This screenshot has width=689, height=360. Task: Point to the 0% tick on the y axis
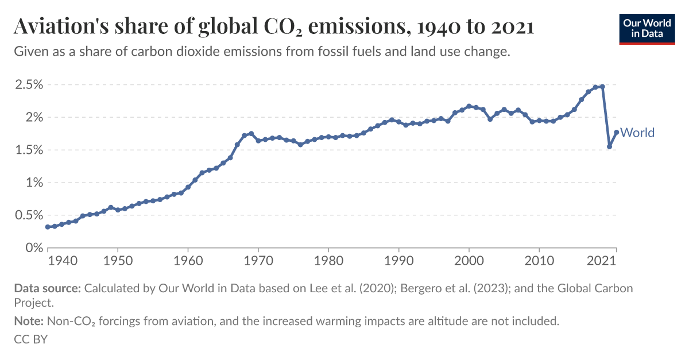click(34, 248)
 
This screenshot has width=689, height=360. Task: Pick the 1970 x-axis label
click(258, 261)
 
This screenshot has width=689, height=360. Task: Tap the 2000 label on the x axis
click(469, 261)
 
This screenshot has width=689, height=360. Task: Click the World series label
click(637, 133)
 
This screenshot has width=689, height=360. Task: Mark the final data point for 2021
click(617, 132)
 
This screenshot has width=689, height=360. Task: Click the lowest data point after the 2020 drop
click(609, 146)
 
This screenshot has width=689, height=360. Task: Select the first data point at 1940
click(48, 227)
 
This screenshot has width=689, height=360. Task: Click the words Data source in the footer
click(48, 288)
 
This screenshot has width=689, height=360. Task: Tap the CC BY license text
click(30, 339)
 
